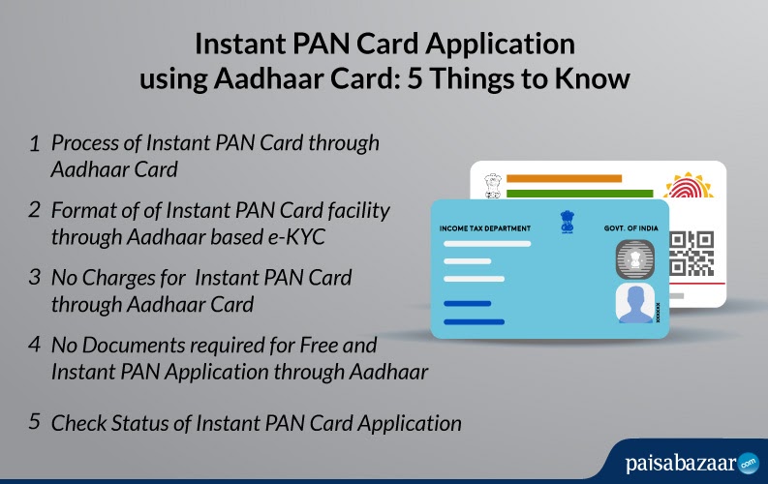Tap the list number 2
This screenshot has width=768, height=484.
[34, 210]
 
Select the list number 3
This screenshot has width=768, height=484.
[34, 277]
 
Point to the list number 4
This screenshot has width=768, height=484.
[34, 344]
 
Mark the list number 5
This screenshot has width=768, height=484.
[34, 422]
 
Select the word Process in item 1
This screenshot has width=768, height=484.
[82, 144]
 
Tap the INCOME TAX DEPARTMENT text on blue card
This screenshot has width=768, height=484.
[485, 227]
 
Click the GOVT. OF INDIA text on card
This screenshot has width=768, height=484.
[630, 227]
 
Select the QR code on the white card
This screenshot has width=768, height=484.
[691, 254]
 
